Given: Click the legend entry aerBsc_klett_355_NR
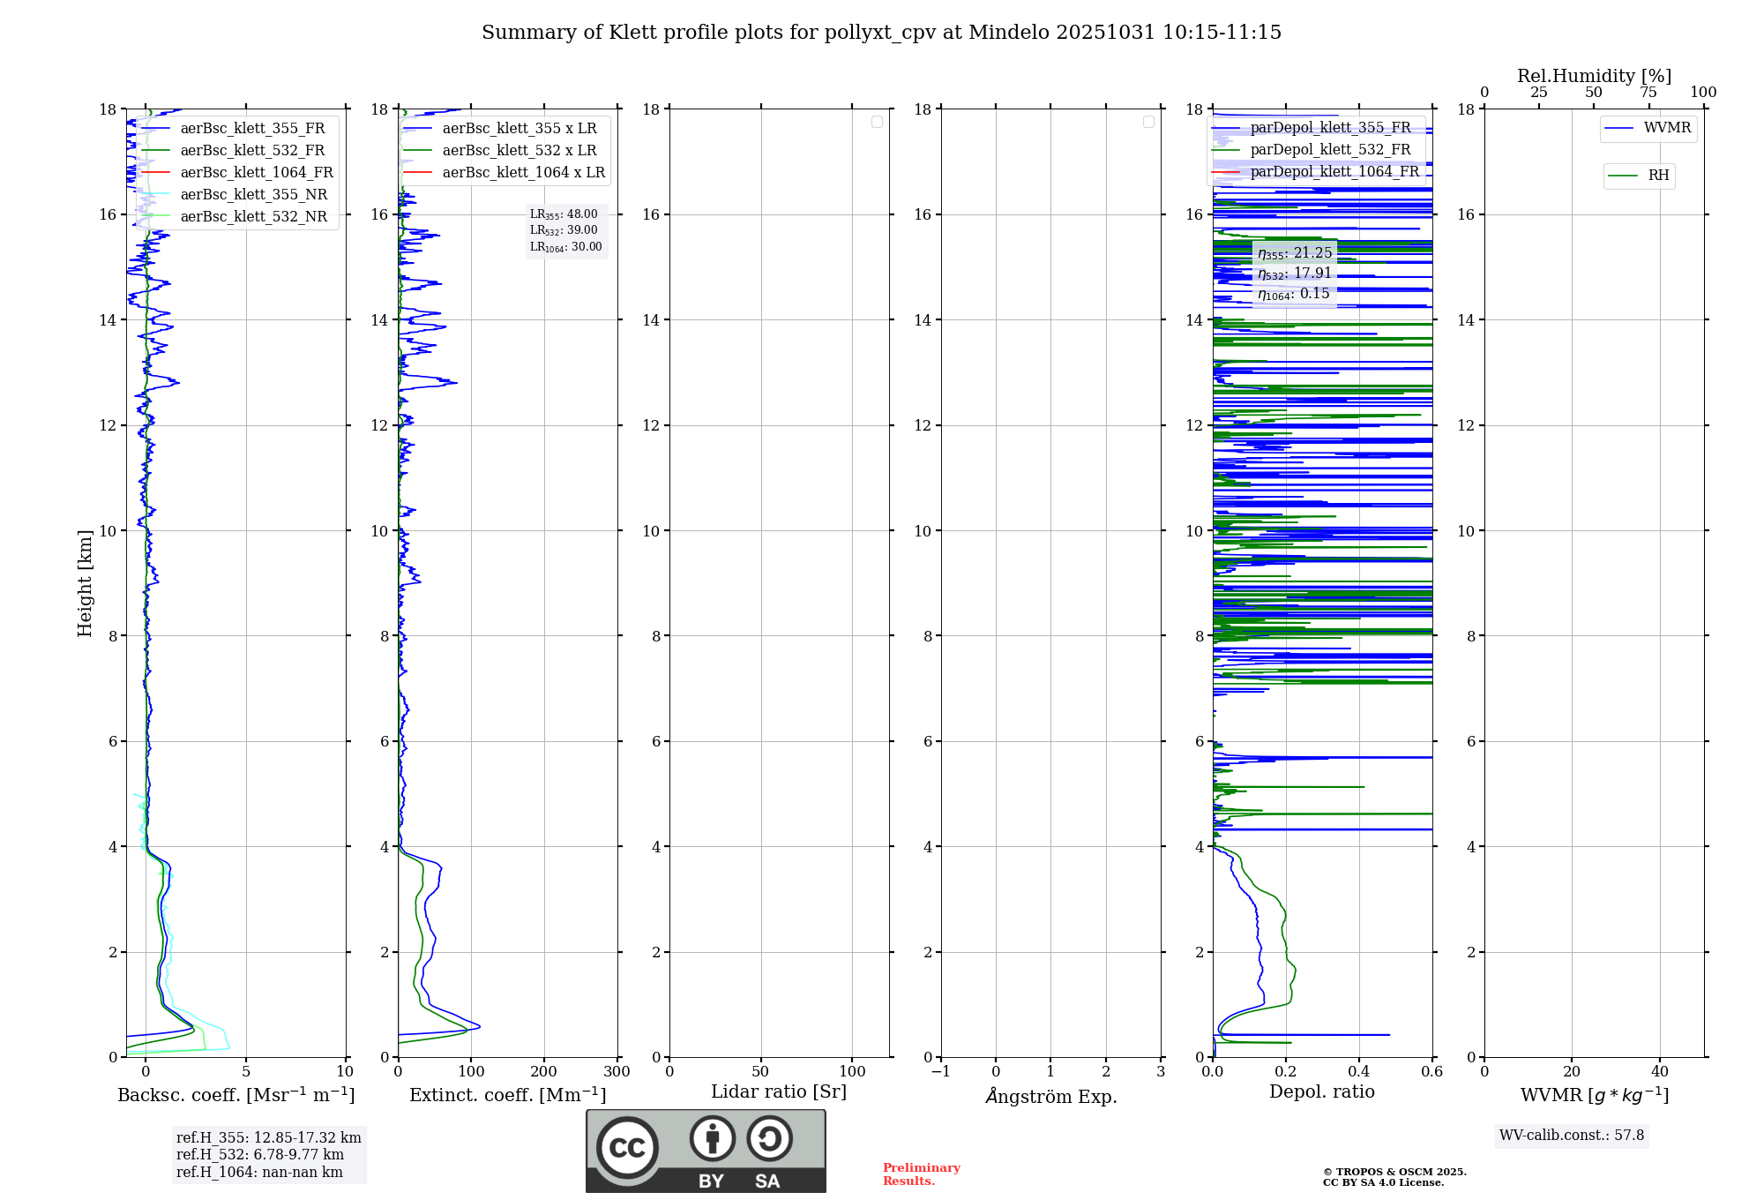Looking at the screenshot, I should (253, 194).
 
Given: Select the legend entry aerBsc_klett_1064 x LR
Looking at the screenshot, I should (523, 172).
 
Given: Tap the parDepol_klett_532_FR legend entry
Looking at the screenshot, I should (1330, 149).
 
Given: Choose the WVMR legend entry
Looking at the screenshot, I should (1667, 128).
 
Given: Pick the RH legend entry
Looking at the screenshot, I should (1658, 176).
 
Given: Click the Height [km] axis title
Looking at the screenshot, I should (85, 583).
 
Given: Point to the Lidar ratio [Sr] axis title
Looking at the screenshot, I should (779, 1091).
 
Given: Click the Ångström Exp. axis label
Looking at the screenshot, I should (1050, 1096).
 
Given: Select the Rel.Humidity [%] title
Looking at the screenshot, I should (1594, 76).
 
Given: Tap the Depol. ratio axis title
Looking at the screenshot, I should (1321, 1091).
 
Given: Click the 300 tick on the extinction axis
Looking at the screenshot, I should (617, 1071).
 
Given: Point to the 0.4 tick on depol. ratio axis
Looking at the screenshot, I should (1358, 1071).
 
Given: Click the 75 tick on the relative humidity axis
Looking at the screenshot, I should (1648, 93).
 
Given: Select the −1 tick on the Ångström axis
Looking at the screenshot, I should (940, 1071).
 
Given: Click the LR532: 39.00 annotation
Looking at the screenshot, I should (564, 230).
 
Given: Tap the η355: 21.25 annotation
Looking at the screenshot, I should (1294, 253).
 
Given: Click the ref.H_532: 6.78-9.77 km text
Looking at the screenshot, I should (259, 1154).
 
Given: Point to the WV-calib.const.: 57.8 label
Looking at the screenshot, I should (1571, 1135).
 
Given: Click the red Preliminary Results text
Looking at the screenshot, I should (921, 1174).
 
